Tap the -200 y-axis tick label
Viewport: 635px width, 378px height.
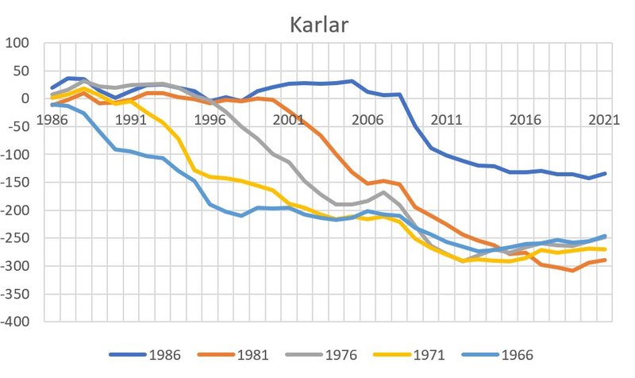(17, 210)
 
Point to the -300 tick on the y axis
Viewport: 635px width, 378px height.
(17, 266)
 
